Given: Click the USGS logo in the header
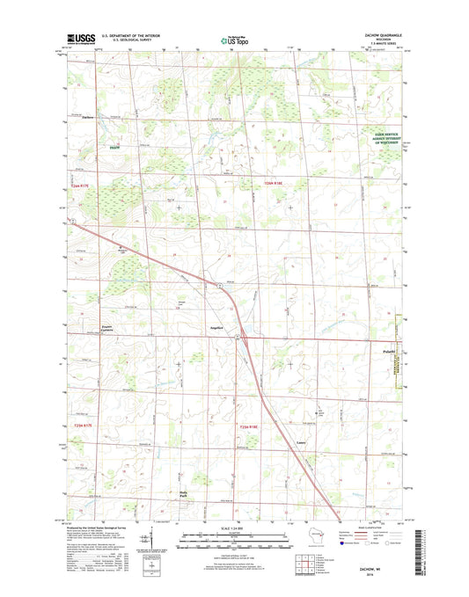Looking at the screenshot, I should (78, 39).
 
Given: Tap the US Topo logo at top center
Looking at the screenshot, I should (234, 39).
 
